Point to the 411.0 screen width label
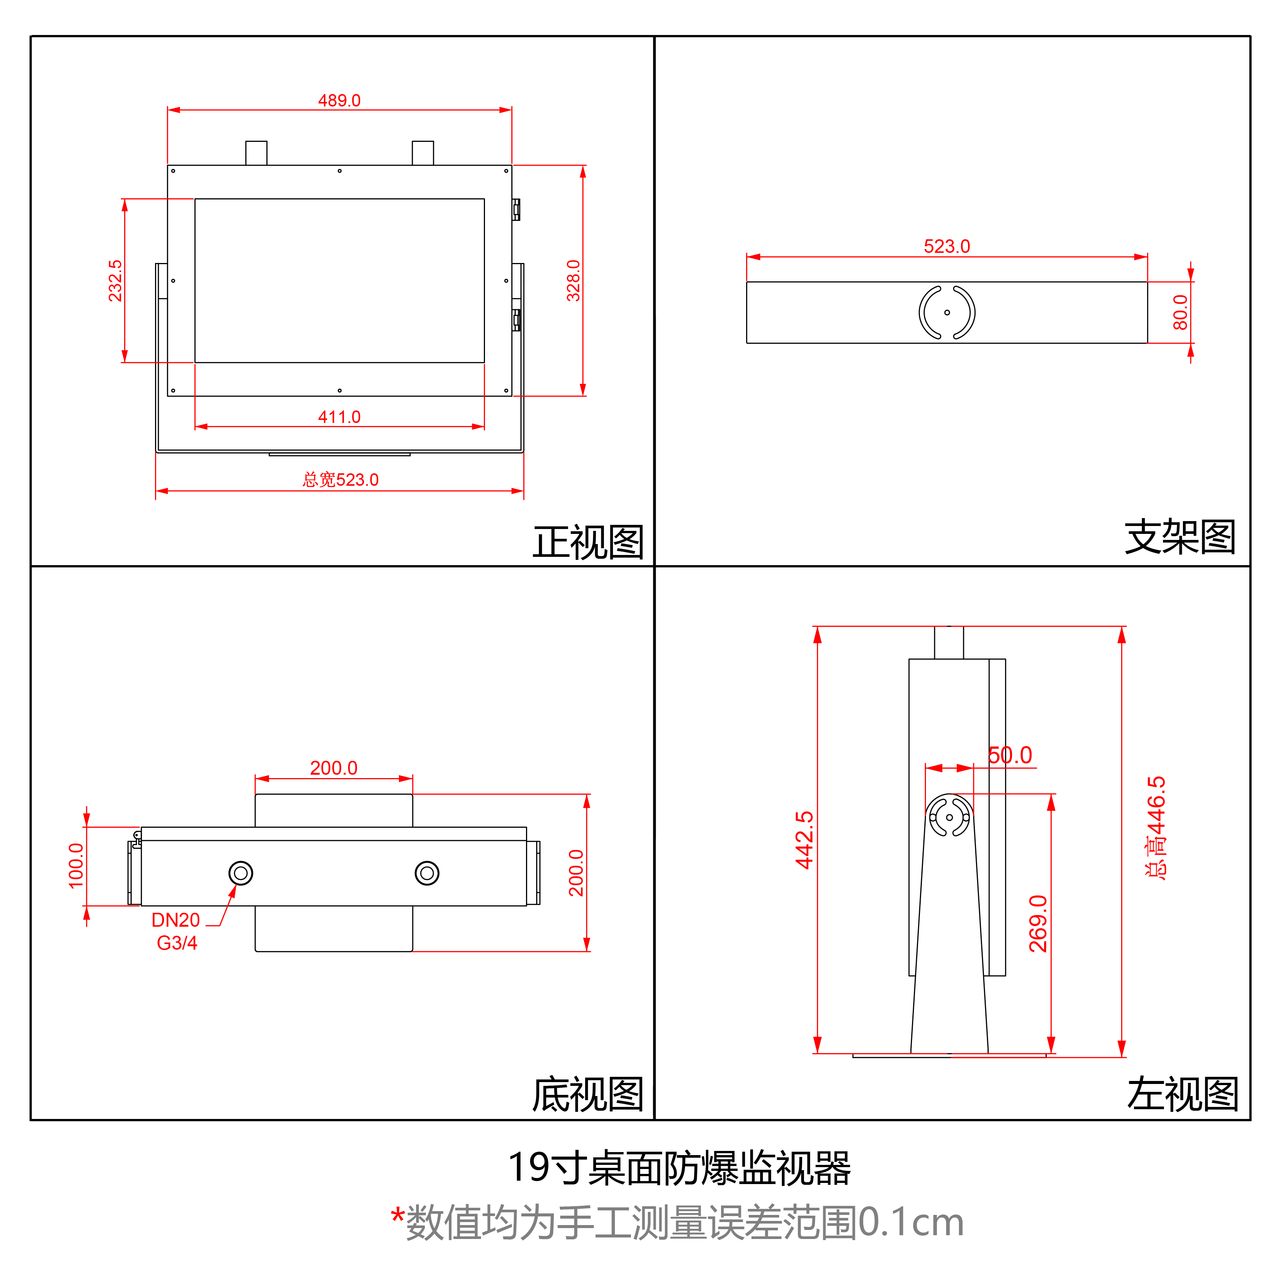tap(339, 417)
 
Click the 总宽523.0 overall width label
tap(341, 480)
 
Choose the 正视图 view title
tap(588, 542)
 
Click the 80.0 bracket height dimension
tap(1180, 312)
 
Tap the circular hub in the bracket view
tap(946, 312)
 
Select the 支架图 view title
tap(1180, 537)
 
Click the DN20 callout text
tap(176, 920)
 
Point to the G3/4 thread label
tap(177, 943)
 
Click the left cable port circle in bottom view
tap(240, 873)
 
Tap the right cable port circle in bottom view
tap(427, 873)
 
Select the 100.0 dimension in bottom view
tap(76, 866)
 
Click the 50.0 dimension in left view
tap(1010, 755)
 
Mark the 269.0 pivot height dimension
tap(1038, 924)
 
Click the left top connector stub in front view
tap(256, 153)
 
